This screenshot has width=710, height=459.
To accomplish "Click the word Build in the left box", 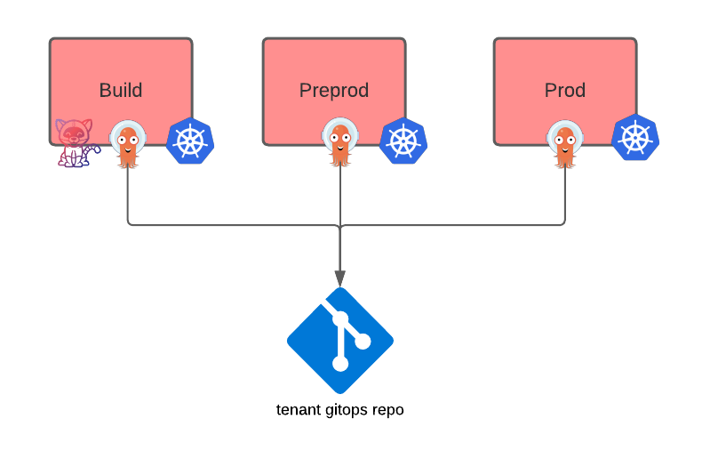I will [121, 91].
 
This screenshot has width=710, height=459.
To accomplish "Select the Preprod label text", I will [334, 91].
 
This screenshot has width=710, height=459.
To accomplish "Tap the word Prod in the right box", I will [565, 91].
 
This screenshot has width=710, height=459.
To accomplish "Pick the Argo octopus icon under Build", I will [128, 143].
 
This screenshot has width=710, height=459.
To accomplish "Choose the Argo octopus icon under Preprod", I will [340, 142].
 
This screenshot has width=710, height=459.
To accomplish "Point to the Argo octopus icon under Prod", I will [565, 143].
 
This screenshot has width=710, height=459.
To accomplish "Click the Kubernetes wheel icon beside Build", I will [190, 141].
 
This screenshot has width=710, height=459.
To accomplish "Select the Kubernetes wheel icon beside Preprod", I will [403, 141].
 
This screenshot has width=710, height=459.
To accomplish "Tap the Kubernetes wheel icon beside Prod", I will [635, 138].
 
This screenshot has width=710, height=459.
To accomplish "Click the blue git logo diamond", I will [340, 341].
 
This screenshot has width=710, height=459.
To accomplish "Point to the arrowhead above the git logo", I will [340, 277].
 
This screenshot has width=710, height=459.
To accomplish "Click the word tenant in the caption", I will [299, 410].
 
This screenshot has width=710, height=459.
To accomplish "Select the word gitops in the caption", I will [348, 410].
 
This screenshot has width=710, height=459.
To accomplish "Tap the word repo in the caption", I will [388, 410].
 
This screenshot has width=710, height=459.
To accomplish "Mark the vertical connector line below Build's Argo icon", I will [128, 196].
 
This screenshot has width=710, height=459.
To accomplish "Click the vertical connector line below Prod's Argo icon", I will [565, 196].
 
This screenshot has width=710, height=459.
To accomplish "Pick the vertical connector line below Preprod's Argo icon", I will [340, 196].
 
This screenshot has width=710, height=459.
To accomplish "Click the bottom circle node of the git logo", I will [339, 364].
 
